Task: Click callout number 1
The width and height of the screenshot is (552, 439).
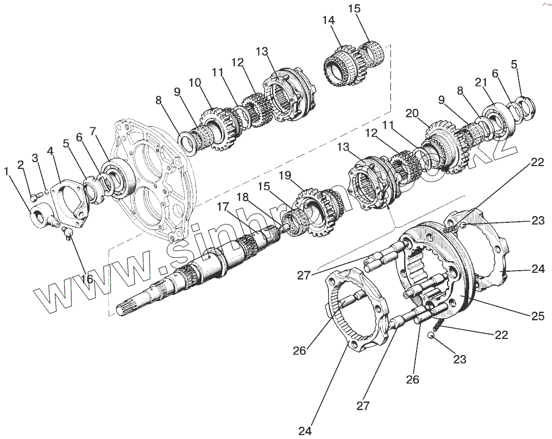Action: (6, 172)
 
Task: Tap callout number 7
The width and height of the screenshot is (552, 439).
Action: (93, 132)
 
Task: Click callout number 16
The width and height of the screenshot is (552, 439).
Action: (87, 278)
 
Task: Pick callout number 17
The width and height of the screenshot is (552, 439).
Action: (223, 207)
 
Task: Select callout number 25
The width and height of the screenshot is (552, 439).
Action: (538, 316)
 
